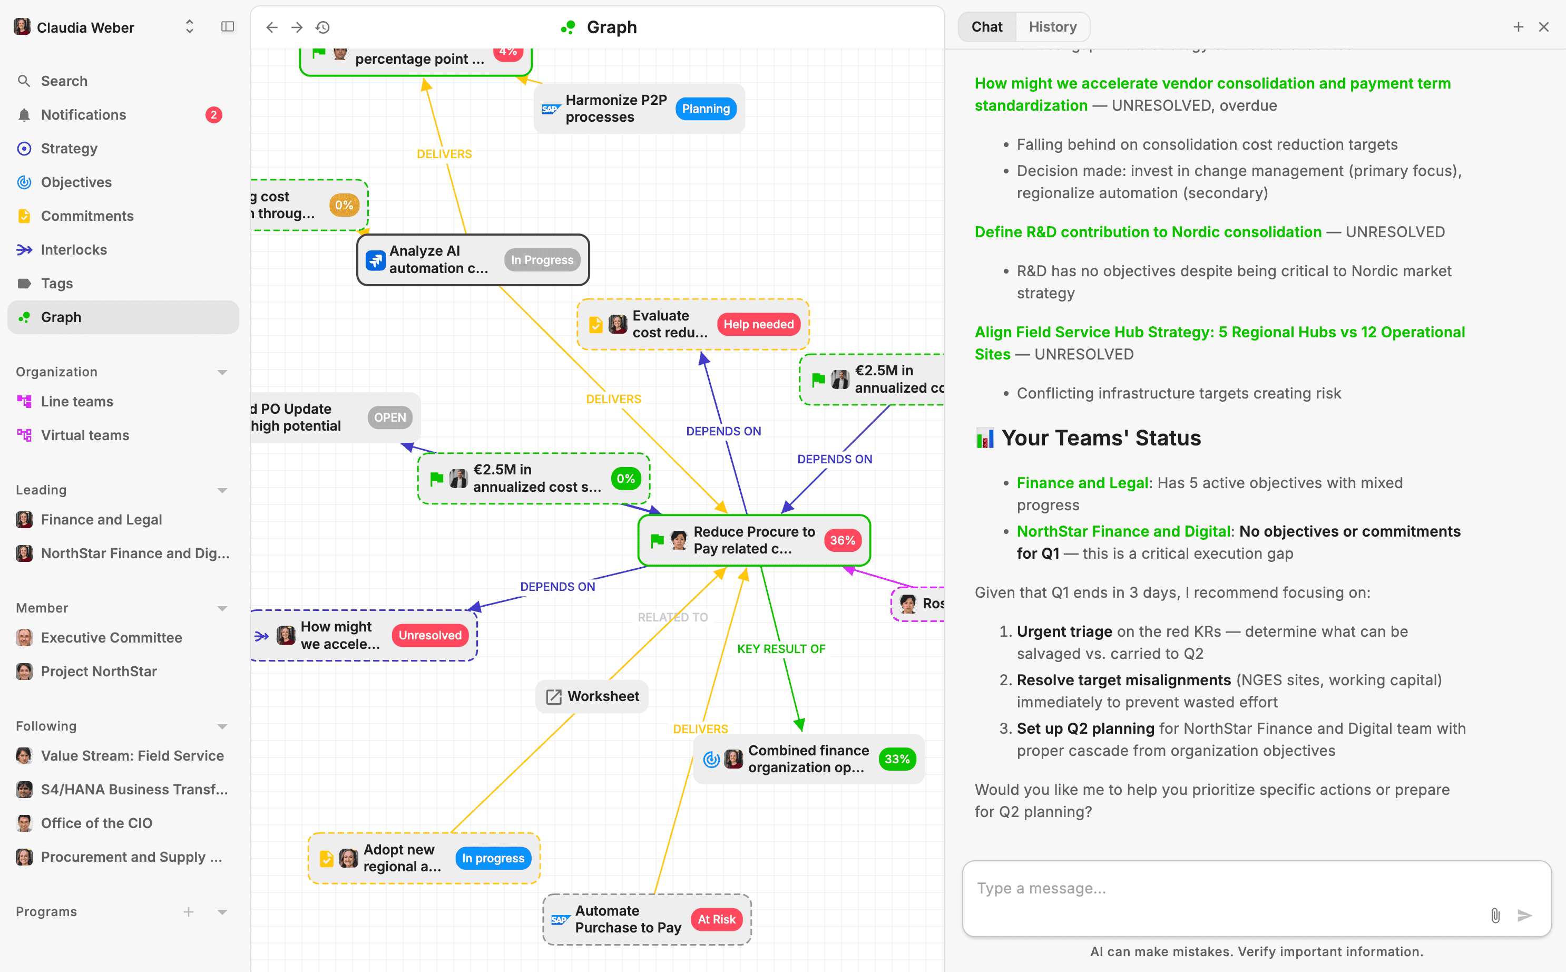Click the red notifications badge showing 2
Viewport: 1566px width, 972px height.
coord(213,115)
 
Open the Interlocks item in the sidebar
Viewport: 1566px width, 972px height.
coord(73,249)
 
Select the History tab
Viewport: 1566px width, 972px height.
coord(1052,27)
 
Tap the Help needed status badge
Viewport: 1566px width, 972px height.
coord(758,325)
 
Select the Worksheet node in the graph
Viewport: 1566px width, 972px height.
coord(592,696)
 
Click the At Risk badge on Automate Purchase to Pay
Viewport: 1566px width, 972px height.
coord(717,919)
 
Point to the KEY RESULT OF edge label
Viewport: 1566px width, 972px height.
coord(781,649)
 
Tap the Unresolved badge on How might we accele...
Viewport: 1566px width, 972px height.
coord(430,635)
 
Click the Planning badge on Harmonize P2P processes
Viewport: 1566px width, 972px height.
coord(706,109)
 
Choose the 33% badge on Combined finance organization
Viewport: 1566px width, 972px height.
coord(896,759)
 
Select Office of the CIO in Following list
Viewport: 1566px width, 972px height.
coord(96,823)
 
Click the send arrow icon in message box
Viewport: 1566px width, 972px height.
coord(1524,915)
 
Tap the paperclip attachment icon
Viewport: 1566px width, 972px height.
coord(1495,915)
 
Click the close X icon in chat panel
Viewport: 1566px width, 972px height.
coord(1543,27)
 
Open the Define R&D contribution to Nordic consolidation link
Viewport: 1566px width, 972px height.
coord(1148,232)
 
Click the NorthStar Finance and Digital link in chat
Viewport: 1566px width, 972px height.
coord(1123,532)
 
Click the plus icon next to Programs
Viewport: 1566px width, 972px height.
coord(188,911)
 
